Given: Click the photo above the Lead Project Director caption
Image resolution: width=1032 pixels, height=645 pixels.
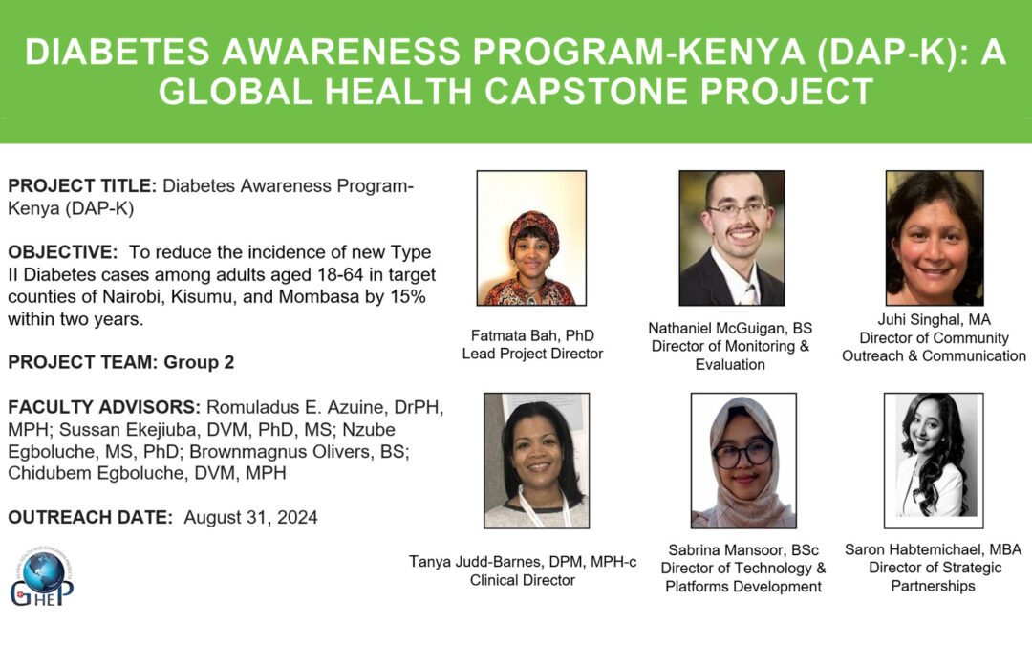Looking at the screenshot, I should pyautogui.click(x=531, y=238).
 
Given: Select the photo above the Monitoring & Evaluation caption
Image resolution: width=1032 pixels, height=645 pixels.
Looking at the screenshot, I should pyautogui.click(x=731, y=238).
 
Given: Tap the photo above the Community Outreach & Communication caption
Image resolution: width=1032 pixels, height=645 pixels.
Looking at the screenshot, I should pyautogui.click(x=934, y=238).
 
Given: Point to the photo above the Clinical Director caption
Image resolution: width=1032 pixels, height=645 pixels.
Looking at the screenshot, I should pyautogui.click(x=536, y=461).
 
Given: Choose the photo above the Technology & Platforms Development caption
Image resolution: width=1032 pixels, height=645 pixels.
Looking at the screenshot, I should pyautogui.click(x=743, y=461).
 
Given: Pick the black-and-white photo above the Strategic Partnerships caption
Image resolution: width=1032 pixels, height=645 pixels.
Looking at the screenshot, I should pyautogui.click(x=933, y=461).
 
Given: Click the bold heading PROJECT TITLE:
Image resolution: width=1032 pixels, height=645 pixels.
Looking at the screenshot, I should pyautogui.click(x=83, y=186).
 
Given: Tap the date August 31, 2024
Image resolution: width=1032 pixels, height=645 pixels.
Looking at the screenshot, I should pyautogui.click(x=250, y=518).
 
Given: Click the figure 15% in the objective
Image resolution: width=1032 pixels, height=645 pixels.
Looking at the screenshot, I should pyautogui.click(x=407, y=296).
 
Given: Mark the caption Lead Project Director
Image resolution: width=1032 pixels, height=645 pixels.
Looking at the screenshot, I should pyautogui.click(x=532, y=354).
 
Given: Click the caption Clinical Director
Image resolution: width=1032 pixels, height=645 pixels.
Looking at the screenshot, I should pyautogui.click(x=522, y=579).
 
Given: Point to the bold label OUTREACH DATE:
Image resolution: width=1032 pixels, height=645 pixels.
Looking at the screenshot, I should pyautogui.click(x=90, y=518).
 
